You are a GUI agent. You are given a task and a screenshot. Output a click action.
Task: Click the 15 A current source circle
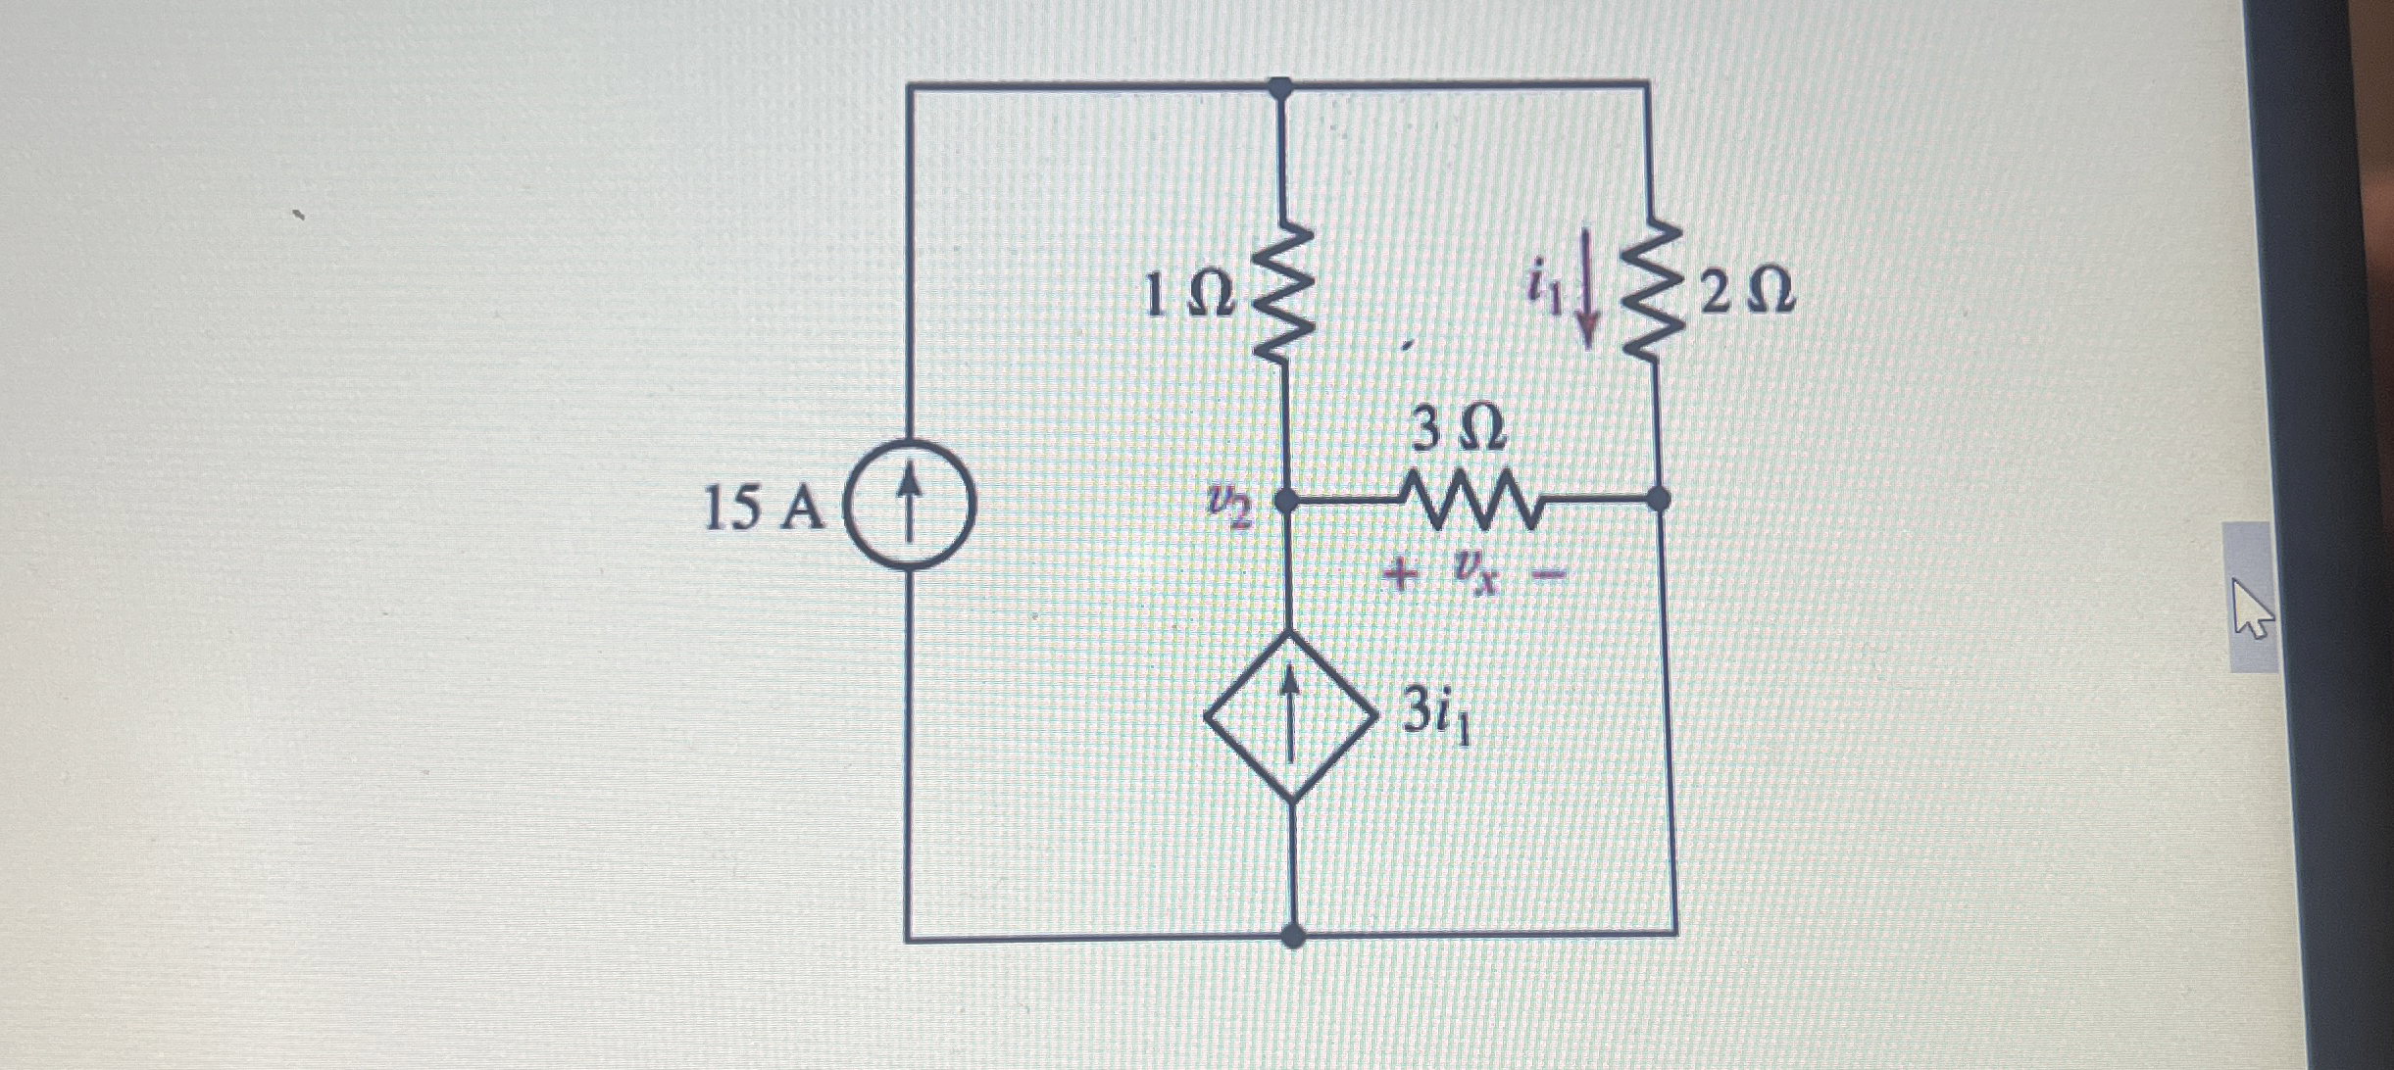point(910,507)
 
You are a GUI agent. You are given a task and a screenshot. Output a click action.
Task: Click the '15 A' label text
point(765,511)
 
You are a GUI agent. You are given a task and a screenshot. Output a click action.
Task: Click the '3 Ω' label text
point(1458,430)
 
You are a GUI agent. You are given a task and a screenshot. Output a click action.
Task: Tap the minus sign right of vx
point(1546,576)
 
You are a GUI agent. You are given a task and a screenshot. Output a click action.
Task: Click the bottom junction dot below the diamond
point(1293,936)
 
